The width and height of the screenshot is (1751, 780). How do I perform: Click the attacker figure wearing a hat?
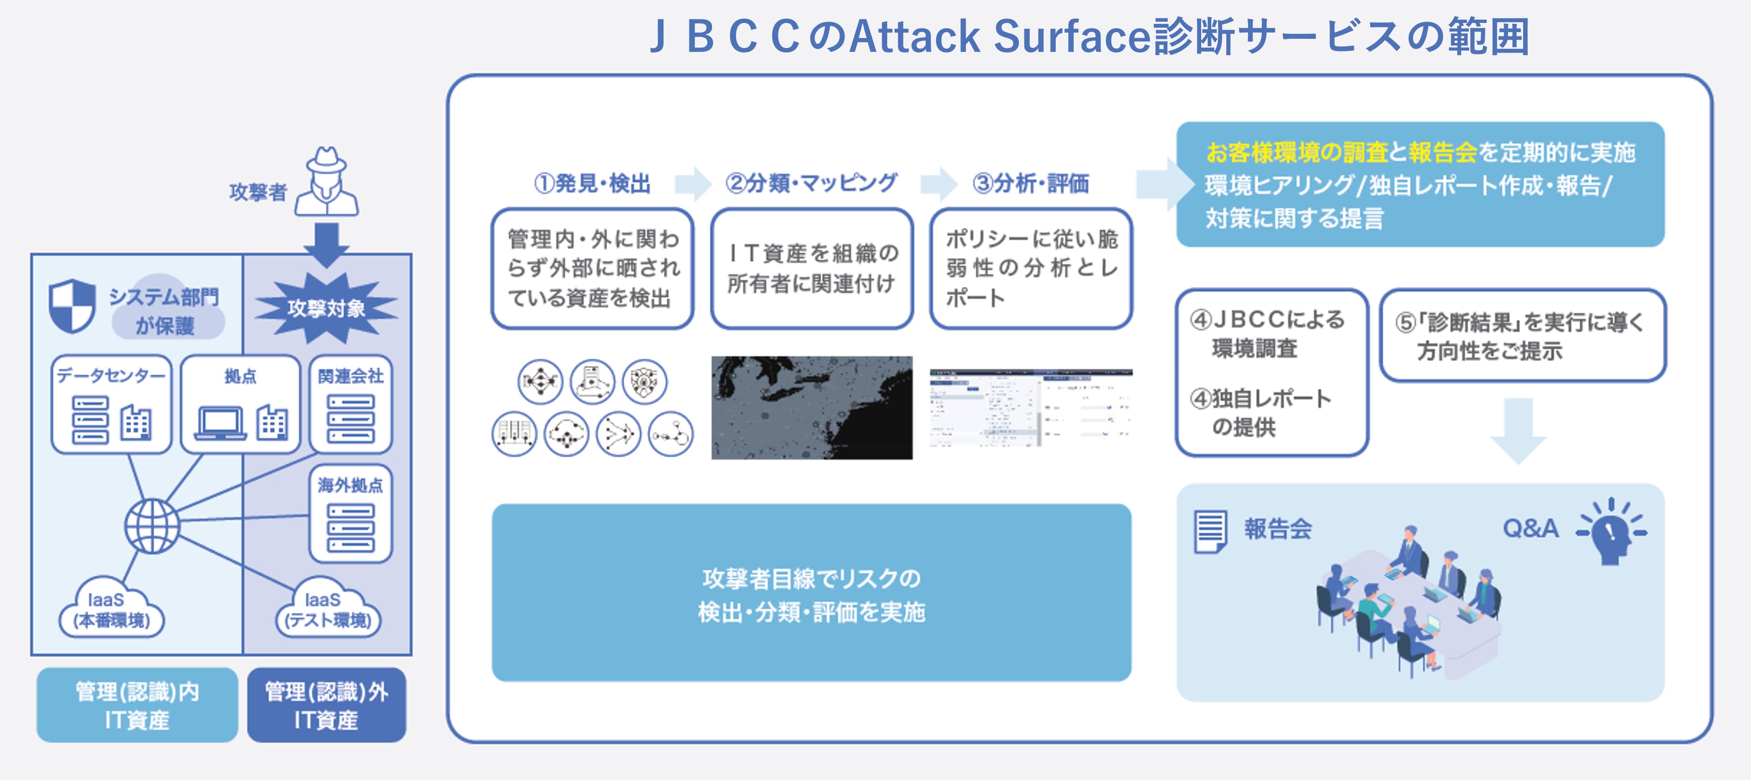(327, 182)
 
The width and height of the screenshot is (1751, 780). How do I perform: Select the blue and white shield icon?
(72, 306)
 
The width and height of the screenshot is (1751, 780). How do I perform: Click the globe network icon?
(152, 526)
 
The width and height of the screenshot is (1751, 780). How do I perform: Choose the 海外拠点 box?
(351, 513)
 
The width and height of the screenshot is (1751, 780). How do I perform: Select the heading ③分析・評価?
(1031, 183)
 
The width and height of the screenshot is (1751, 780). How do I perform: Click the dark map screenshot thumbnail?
(812, 408)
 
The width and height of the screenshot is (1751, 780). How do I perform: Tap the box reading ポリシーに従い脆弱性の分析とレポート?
(1031, 268)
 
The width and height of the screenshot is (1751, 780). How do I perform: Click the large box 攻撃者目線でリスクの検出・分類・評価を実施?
(812, 592)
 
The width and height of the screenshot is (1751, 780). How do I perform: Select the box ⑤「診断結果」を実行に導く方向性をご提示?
(1523, 335)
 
